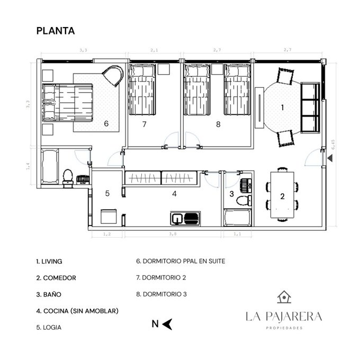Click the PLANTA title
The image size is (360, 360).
[x=56, y=31]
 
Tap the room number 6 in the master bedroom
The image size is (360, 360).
[x=106, y=123]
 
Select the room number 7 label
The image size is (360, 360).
[x=144, y=124]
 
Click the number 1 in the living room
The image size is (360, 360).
[x=282, y=107]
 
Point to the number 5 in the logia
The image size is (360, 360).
[x=107, y=193]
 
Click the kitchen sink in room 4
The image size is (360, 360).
[x=177, y=218]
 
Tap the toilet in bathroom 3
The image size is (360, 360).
[x=244, y=201]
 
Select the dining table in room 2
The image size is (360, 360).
[x=282, y=195]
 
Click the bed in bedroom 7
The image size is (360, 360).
[x=142, y=89]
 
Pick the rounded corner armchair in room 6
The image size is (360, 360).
[x=113, y=76]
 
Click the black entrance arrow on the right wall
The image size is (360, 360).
[x=330, y=158]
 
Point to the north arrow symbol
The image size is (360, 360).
[x=167, y=324]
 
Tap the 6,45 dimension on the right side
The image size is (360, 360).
[x=333, y=145]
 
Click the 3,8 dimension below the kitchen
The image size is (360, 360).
[x=173, y=234]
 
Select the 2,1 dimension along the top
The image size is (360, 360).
[x=154, y=50]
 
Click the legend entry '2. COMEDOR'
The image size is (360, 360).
[x=56, y=278]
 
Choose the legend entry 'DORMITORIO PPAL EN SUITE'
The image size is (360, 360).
[x=184, y=261]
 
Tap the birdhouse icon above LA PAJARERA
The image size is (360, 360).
[x=284, y=297]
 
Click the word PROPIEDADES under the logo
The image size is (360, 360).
[x=284, y=328]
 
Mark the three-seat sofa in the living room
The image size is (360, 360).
[x=310, y=107]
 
